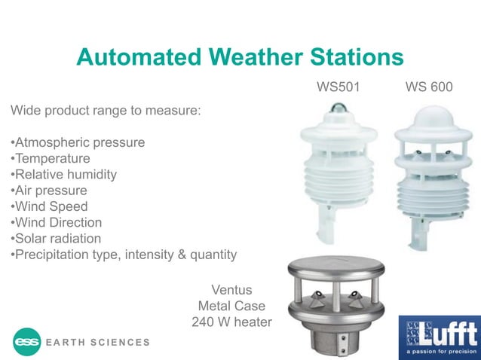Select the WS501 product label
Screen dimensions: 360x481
pos(339,87)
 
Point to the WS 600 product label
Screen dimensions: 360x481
pos(429,87)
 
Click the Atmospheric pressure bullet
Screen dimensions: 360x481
pos(78,142)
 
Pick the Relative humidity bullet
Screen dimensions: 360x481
pos(64,175)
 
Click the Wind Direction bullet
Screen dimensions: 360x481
pos(57,222)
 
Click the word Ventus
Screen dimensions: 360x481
pos(231,290)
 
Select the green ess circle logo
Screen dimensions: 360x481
pos(27,342)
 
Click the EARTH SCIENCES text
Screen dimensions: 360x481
pos(98,343)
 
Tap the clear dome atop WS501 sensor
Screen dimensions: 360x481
pos(332,114)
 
